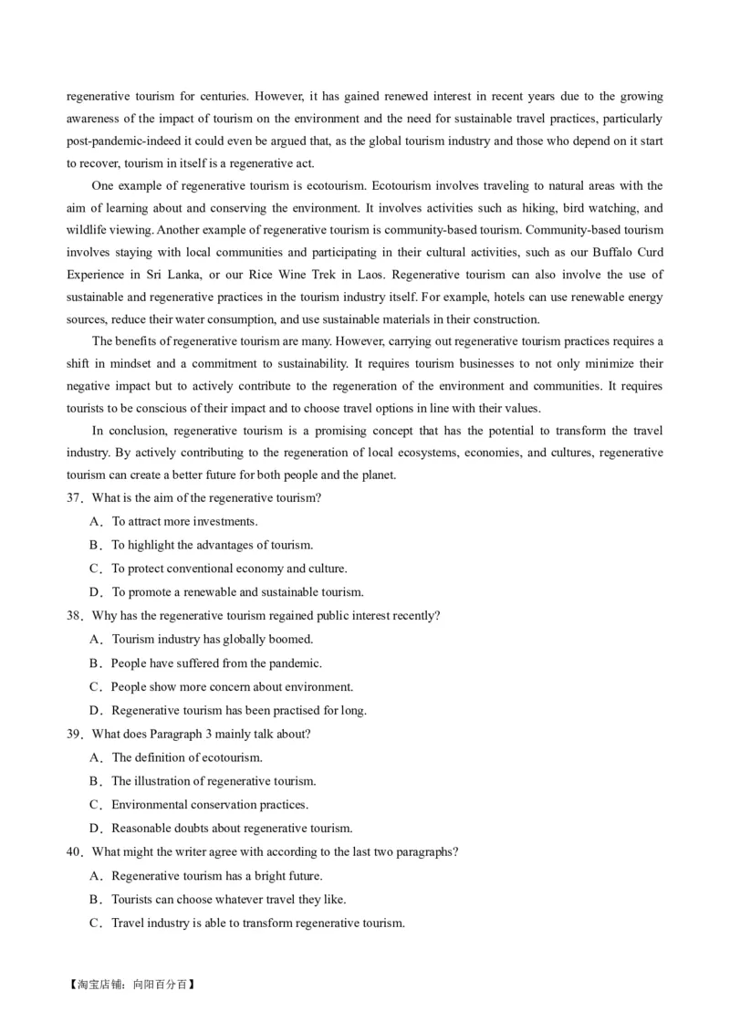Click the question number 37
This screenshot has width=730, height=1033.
[74, 498]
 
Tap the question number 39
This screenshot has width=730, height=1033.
[74, 735]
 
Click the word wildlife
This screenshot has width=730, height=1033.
[87, 230]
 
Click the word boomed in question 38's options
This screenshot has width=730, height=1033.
[290, 640]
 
